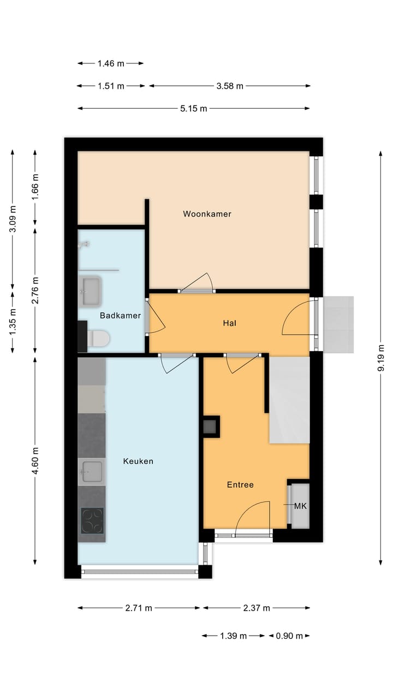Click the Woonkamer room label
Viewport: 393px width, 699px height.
[207, 214]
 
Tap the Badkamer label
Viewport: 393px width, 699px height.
[120, 316]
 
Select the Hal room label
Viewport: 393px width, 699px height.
[229, 323]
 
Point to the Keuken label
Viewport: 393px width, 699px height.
[138, 461]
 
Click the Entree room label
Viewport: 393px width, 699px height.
[240, 484]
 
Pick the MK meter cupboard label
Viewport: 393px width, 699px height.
[300, 506]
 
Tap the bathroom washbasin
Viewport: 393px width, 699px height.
[91, 291]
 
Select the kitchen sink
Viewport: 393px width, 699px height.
[91, 472]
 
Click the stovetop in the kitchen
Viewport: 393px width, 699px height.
[92, 520]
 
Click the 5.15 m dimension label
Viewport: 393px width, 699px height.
[194, 108]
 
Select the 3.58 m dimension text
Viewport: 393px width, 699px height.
[229, 86]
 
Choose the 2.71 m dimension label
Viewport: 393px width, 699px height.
[139, 608]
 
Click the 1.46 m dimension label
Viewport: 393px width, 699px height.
[111, 63]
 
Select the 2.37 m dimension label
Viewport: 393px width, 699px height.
[257, 608]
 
